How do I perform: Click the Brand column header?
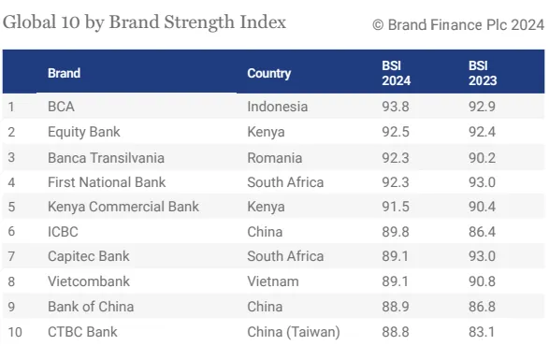point(65,73)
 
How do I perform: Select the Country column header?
point(269,74)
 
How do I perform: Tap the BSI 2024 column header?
point(396,73)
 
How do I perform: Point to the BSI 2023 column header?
point(483,73)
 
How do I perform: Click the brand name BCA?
point(61,107)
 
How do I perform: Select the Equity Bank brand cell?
point(83,132)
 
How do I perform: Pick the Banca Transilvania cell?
point(106,158)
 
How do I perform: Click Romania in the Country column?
point(275,158)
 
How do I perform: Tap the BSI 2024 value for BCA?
point(396,107)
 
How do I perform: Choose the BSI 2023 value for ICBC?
point(482,232)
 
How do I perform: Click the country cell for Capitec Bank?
point(285,256)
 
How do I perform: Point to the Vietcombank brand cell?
point(89,281)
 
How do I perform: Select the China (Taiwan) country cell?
point(294,332)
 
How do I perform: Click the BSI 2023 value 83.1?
point(482,332)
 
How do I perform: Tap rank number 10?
point(15,332)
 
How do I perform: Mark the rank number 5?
point(11,207)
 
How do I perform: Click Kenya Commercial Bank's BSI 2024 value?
point(396,207)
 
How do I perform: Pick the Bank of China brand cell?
point(91,307)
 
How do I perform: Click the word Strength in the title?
point(199,22)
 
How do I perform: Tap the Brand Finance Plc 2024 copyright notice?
point(458,25)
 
